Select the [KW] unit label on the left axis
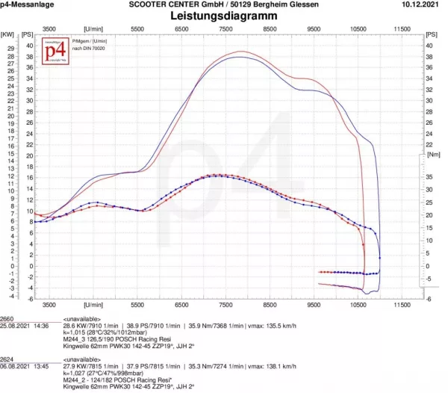(x=7, y=34)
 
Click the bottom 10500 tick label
(x=358, y=306)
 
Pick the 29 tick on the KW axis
(x=10, y=47)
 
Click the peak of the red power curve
(x=240, y=52)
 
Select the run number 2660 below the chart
(x=9, y=318)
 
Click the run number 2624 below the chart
(x=9, y=359)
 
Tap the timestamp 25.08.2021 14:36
(x=24, y=326)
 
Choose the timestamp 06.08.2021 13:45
(x=24, y=366)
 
